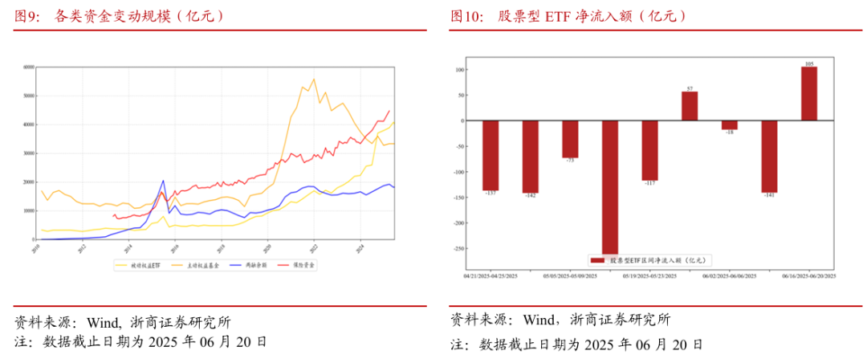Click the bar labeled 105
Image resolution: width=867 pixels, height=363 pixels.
(x=809, y=93)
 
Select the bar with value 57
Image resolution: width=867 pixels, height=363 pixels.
(x=690, y=106)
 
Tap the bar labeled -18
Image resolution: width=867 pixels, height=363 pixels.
(x=730, y=124)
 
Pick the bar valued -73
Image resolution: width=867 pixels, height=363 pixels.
(x=570, y=139)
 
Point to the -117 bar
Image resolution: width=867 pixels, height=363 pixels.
(x=649, y=150)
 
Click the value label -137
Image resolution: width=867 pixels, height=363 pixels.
(x=490, y=194)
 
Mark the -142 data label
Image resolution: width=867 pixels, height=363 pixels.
(x=530, y=197)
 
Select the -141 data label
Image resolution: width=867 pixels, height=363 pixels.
(x=769, y=196)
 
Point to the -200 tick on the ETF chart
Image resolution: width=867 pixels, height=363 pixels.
(x=460, y=222)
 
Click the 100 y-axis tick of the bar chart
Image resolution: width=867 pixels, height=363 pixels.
(x=461, y=70)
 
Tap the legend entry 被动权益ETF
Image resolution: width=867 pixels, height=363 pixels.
(x=146, y=264)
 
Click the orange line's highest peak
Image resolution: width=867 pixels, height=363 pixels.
(x=314, y=79)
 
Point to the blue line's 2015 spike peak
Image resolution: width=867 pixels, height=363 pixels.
(x=163, y=181)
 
